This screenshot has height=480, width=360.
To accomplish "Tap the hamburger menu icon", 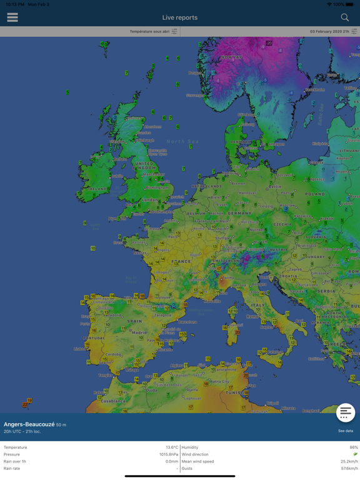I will point(12,17).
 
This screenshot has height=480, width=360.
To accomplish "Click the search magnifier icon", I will point(344,17).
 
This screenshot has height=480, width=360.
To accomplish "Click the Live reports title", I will point(180,17).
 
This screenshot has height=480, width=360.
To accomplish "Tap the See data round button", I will point(346,413).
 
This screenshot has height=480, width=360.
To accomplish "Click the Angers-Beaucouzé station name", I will point(29,424).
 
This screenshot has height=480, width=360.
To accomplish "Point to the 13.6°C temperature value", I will point(171,447).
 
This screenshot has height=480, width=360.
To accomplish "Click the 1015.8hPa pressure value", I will point(167,454).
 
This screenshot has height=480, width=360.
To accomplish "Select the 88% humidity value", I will point(354,447).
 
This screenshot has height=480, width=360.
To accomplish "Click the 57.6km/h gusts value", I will point(349,468).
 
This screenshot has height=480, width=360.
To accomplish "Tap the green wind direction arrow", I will point(354,454).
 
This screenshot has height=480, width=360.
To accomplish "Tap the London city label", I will point(150,200).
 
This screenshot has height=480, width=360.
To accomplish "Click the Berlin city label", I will point(275,186).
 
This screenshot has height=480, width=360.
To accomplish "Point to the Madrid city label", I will point(139,332).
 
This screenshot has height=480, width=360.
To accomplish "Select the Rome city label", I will point(252,316).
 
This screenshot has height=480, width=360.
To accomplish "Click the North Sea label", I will point(182,142).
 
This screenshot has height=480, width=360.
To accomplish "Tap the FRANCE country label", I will point(181,261).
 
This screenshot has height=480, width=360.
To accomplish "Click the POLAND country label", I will point(314,194).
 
